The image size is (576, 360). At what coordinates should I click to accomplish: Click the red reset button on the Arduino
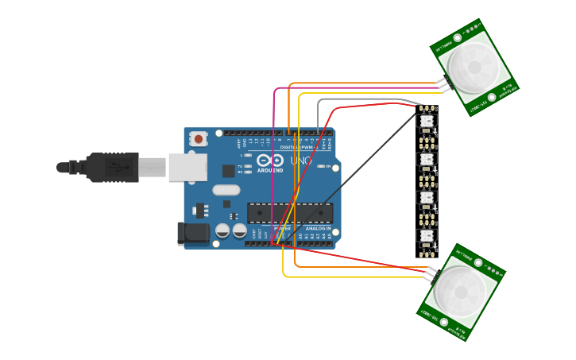[x=198, y=139]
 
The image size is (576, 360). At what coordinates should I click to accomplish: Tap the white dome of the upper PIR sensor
[x=474, y=67]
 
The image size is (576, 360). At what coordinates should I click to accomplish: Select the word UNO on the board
[x=300, y=161]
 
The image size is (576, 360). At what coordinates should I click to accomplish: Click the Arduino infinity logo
[x=270, y=161]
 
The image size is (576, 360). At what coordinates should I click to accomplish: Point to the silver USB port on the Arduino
[x=187, y=167]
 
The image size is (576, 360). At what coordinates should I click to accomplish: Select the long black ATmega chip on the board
[x=290, y=213]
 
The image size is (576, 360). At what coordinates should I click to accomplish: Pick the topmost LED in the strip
[x=426, y=122]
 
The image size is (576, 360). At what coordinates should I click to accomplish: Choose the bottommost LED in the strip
[x=426, y=236]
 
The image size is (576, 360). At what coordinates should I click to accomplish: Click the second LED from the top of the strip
[x=426, y=160]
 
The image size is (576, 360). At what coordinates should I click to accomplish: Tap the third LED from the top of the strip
[x=426, y=198]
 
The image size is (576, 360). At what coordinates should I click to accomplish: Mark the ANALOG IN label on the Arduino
[x=318, y=228]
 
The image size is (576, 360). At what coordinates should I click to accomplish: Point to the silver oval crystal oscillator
[x=226, y=190]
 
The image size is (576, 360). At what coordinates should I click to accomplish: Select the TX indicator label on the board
[x=240, y=164]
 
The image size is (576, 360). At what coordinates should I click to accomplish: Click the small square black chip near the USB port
[x=228, y=170]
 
